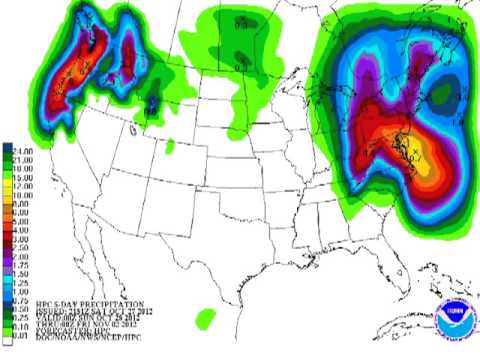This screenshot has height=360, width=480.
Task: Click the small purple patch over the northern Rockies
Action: tap(152, 103)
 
